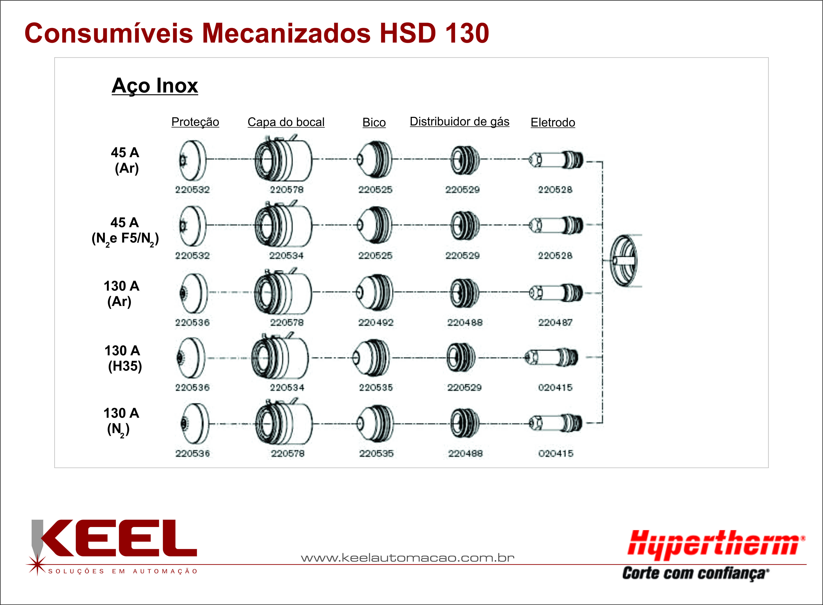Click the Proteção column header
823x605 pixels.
195,122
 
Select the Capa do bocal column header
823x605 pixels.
286,122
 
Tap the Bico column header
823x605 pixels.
374,122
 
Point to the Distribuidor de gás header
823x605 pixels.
460,122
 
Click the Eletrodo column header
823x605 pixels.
553,122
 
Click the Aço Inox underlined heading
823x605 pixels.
155,86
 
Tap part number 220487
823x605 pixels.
555,323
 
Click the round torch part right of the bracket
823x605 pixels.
624,261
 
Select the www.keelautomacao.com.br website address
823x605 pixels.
408,558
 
